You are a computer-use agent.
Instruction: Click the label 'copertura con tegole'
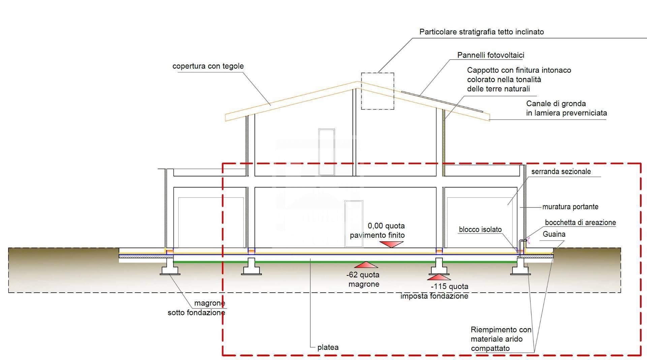(208, 66)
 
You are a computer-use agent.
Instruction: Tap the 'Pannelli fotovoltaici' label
(491, 55)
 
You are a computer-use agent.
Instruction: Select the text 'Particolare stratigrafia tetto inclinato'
(481, 32)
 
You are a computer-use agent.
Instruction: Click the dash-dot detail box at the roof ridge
(377, 91)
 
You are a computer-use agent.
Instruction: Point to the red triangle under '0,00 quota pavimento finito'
(391, 244)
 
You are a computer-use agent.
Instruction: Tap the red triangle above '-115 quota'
(438, 277)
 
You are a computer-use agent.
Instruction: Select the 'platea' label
(328, 347)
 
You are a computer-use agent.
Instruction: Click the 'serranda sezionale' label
(561, 171)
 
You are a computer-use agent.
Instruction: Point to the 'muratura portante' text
(570, 207)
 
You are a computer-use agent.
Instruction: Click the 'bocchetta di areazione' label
(580, 223)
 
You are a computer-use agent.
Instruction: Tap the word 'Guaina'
(554, 234)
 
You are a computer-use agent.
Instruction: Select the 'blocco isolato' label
(480, 230)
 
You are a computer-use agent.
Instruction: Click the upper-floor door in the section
(327, 152)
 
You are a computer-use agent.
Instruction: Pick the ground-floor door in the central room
(354, 224)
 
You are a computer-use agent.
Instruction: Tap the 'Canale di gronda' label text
(566, 108)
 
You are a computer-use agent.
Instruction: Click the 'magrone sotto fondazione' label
(196, 308)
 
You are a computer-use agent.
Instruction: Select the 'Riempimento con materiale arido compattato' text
(501, 339)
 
